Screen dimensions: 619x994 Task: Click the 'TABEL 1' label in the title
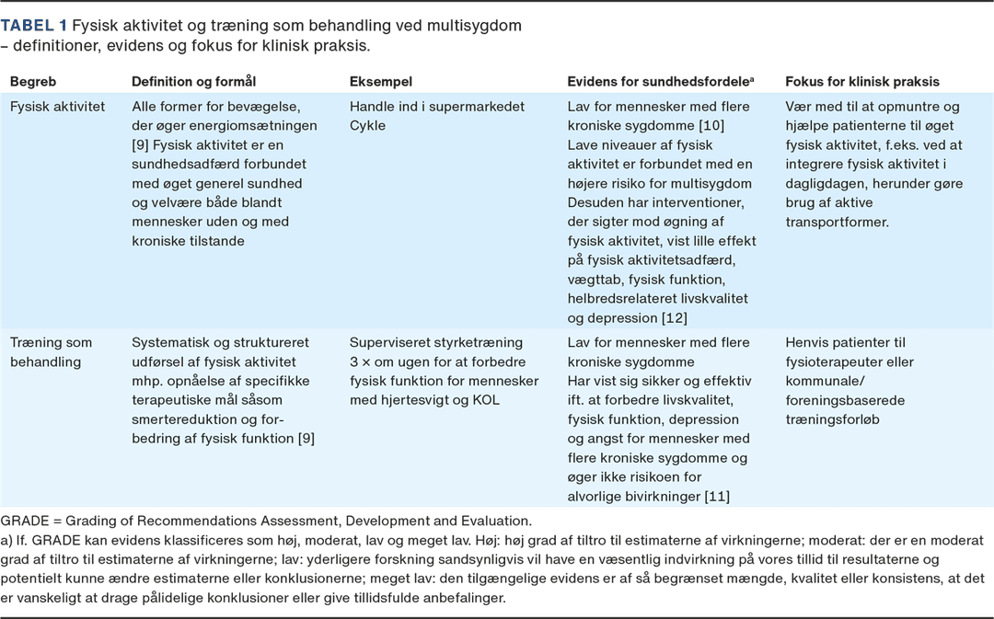[34, 26]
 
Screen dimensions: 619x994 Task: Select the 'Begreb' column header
[32, 82]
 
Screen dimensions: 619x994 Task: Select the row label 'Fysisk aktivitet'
[57, 107]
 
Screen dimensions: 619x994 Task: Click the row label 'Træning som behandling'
[51, 352]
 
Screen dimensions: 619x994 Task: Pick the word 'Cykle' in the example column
[367, 126]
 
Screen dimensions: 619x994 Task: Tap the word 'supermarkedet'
[480, 107]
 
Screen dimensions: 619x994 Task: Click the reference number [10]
[711, 126]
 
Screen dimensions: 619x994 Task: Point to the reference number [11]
[717, 497]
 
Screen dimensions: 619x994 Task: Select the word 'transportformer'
[838, 223]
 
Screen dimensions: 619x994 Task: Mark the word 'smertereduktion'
[181, 420]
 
